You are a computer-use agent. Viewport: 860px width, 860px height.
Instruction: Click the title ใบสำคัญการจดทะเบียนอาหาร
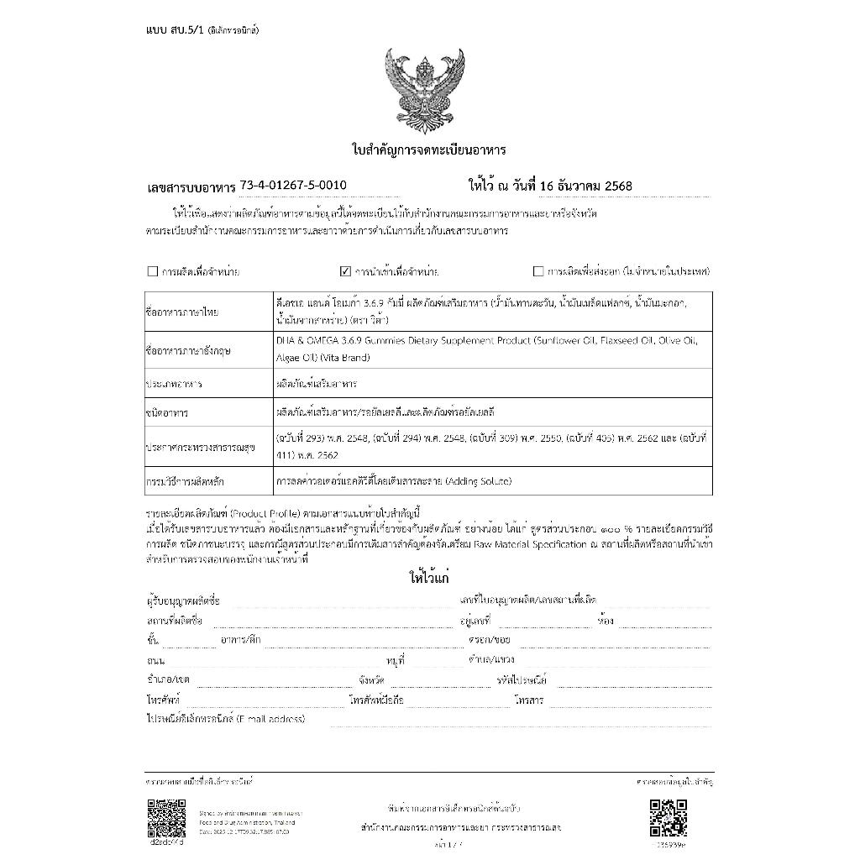(x=428, y=150)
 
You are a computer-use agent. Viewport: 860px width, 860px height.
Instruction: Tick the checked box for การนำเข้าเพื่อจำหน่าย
(x=344, y=271)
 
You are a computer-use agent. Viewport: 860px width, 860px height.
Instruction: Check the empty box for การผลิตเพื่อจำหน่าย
(x=152, y=271)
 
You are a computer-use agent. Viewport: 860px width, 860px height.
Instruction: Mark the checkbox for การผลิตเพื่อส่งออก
(x=538, y=271)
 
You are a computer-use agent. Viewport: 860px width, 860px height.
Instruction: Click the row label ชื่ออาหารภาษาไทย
(x=182, y=312)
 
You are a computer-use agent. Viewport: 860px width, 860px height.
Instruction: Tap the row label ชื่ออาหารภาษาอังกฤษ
(x=186, y=350)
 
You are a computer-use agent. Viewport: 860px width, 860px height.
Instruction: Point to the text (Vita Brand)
(x=341, y=358)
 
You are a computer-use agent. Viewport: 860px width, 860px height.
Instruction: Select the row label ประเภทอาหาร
(x=174, y=384)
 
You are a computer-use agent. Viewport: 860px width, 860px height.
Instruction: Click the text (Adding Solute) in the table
(x=472, y=481)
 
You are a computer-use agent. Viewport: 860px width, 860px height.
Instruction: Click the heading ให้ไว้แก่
(x=429, y=579)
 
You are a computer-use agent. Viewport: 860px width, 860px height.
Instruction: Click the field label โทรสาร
(x=529, y=700)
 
